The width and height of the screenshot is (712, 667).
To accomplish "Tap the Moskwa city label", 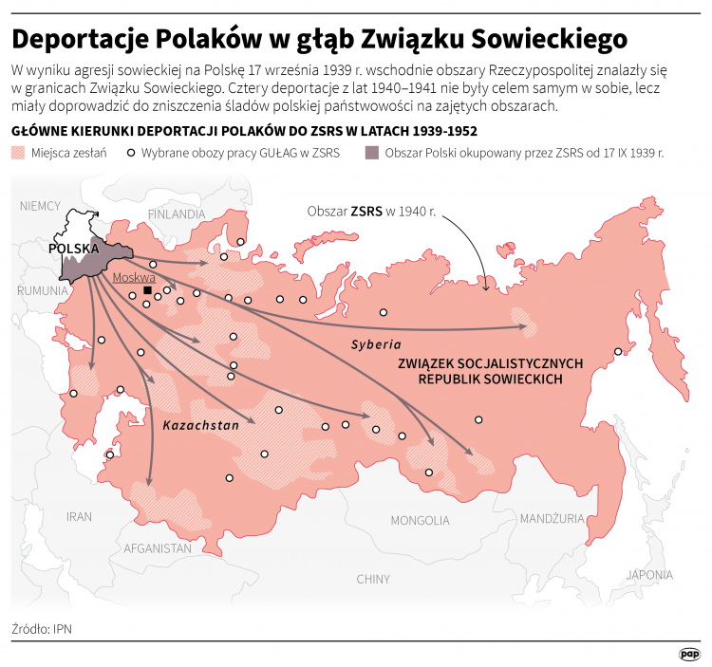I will [x=133, y=278].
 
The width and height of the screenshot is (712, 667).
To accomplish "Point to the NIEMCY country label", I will [x=39, y=205].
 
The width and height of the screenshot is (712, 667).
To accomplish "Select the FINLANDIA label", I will [x=176, y=213].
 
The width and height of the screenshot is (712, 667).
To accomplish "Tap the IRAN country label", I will [x=79, y=516].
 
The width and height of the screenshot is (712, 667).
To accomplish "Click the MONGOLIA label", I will [x=419, y=520].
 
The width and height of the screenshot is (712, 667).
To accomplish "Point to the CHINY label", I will [x=373, y=579].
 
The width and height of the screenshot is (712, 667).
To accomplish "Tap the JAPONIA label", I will [x=649, y=574].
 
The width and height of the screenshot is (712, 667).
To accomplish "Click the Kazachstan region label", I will [x=200, y=426].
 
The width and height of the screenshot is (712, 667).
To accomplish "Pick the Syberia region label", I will [x=377, y=343].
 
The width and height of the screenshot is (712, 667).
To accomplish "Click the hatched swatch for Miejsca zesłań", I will [x=17, y=152].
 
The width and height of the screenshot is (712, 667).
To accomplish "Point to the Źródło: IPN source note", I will [x=43, y=628].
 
